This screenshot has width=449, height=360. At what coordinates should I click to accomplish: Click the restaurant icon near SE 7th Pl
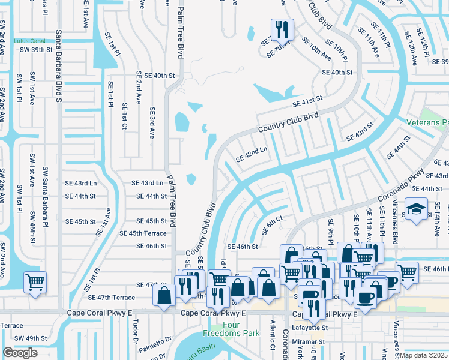(280, 29)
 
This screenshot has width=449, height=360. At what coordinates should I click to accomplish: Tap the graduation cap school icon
(415, 209)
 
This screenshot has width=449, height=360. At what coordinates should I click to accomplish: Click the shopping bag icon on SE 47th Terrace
(164, 295)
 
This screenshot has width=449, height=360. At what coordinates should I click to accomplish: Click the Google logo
(20, 353)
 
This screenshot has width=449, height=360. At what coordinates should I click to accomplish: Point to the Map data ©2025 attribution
(423, 355)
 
